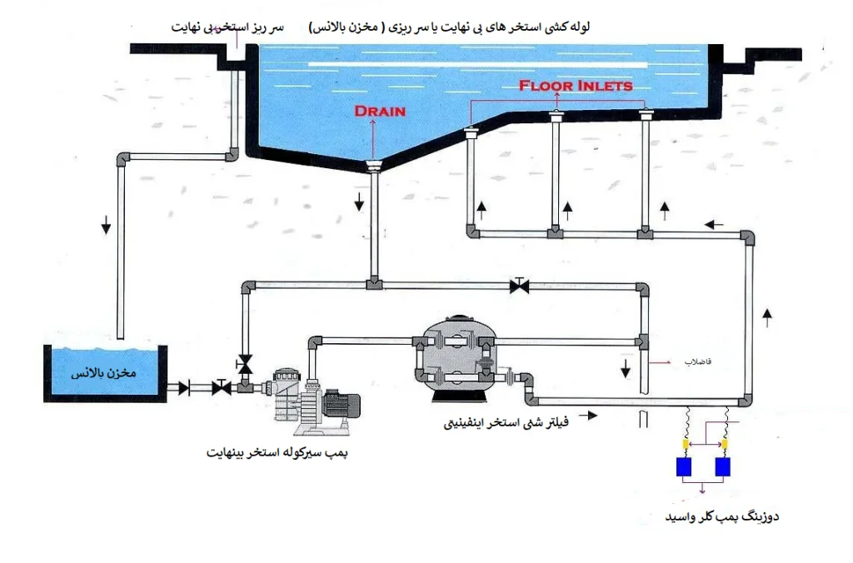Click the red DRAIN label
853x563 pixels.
380,111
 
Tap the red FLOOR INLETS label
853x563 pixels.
575,85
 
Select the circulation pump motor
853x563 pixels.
337,405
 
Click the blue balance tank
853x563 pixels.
105,374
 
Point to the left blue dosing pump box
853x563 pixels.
686,467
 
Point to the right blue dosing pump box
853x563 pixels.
724,467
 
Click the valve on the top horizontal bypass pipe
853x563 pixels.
521,286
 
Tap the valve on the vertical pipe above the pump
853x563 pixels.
245,363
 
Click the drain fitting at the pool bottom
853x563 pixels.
373,166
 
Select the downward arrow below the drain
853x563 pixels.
359,201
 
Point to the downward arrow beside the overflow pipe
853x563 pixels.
106,225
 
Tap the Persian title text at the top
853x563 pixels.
450,27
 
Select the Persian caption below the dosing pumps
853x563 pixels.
721,517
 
